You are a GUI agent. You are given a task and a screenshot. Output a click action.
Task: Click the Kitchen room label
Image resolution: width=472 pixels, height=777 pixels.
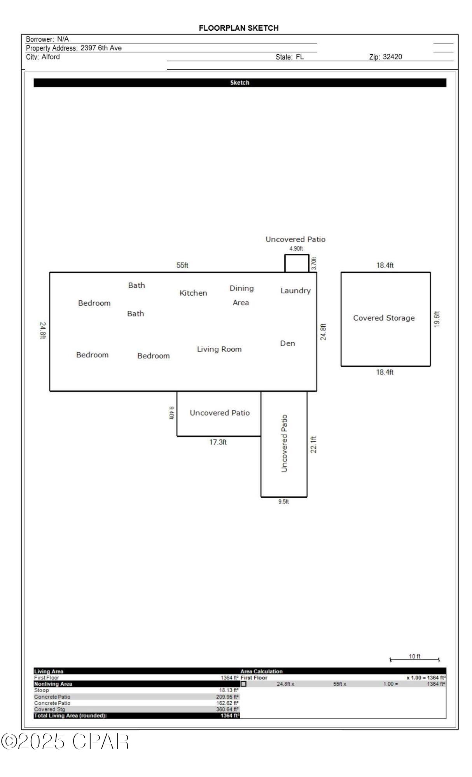(193, 293)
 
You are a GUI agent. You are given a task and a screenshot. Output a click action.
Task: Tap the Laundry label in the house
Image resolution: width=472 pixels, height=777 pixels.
(295, 291)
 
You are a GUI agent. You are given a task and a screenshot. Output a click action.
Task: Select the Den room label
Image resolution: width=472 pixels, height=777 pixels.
(287, 343)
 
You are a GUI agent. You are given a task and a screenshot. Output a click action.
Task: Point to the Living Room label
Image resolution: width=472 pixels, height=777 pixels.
(219, 349)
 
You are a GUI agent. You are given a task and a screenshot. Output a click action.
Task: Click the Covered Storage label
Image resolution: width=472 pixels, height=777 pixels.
(384, 318)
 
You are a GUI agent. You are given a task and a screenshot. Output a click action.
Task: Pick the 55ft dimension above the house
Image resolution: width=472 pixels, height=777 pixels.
(182, 265)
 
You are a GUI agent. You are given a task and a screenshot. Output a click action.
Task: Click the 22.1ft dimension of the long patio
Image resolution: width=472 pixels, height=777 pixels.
(314, 444)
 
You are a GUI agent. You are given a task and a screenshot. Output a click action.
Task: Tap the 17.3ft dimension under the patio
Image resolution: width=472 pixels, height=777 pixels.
(218, 442)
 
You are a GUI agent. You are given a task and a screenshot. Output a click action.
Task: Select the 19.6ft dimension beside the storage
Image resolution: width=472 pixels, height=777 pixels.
(437, 319)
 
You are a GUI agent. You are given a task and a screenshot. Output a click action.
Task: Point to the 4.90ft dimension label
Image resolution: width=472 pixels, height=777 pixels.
(296, 249)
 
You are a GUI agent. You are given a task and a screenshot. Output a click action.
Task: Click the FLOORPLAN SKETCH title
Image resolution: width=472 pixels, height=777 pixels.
(239, 28)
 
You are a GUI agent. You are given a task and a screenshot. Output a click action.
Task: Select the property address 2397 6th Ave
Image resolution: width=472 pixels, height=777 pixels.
(101, 48)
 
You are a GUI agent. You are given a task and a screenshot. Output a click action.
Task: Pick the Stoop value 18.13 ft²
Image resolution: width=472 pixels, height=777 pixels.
(229, 690)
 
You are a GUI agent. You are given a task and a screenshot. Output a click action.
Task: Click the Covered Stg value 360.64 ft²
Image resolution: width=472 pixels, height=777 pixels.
(227, 709)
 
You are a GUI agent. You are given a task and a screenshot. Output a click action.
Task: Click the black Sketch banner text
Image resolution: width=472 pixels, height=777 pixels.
(239, 83)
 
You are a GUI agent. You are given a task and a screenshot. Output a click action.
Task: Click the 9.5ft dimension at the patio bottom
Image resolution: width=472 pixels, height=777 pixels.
(283, 502)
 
